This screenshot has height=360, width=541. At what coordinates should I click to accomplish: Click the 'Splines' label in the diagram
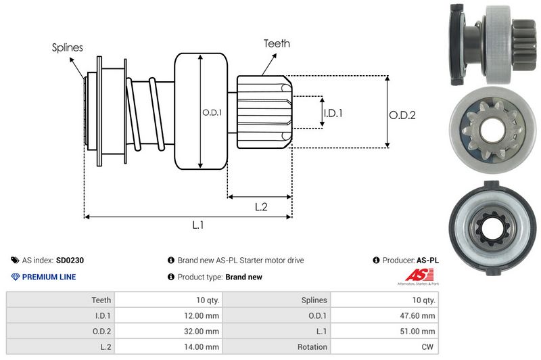(x=68, y=47)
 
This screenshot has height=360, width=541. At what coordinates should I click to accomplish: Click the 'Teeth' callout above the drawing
(x=277, y=43)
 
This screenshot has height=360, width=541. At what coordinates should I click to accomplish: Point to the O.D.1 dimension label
(x=212, y=112)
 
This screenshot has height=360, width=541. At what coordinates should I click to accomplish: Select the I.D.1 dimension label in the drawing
(x=333, y=113)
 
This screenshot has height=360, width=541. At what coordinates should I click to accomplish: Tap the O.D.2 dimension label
(x=402, y=115)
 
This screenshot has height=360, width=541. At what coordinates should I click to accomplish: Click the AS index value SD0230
(x=70, y=260)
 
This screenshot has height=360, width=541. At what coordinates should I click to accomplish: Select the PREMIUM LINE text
(x=49, y=277)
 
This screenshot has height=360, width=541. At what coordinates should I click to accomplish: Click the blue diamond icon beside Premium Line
(x=15, y=277)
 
